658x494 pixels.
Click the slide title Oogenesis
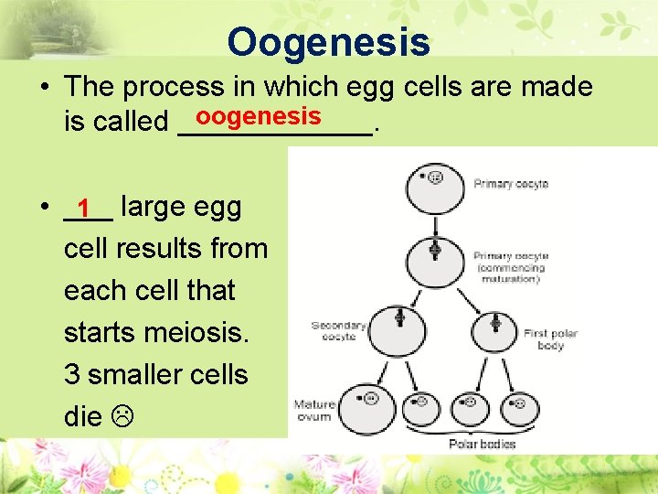328,41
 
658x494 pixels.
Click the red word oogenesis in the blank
258,116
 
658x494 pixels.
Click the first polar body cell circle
493,327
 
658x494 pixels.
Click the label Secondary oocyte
338,330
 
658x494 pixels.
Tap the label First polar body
551,339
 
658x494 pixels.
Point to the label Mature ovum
313,410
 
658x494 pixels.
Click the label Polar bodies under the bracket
482,445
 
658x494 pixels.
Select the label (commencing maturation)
511,274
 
